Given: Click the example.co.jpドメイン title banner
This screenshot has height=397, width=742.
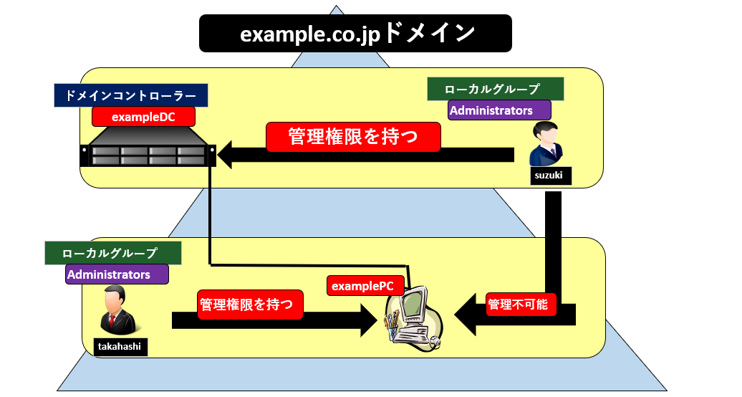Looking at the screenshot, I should tap(355, 33).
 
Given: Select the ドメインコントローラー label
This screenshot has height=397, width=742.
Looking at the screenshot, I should tap(130, 95).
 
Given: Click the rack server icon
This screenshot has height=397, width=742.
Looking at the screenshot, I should tap(148, 149).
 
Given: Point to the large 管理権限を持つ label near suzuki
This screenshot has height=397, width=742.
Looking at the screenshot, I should tap(352, 136).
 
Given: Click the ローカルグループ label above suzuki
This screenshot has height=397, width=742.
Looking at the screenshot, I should tap(495, 90).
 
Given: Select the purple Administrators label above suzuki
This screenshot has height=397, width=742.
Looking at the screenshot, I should tap(499, 110).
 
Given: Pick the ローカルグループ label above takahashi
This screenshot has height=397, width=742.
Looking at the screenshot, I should tap(112, 253).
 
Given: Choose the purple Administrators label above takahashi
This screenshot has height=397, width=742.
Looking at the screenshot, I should tap(117, 274).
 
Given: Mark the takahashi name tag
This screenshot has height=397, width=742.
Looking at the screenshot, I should tap(118, 347).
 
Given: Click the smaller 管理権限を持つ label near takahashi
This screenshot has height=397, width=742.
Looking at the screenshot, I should tap(250, 304).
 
